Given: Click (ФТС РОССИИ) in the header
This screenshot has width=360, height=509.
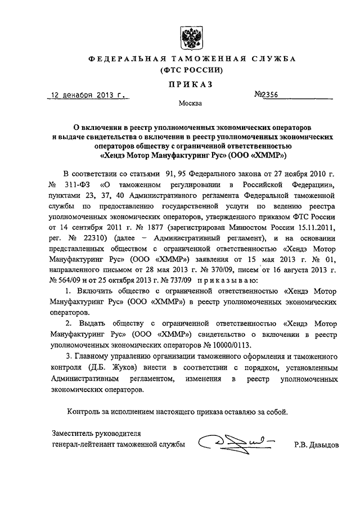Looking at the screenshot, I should (186, 70).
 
